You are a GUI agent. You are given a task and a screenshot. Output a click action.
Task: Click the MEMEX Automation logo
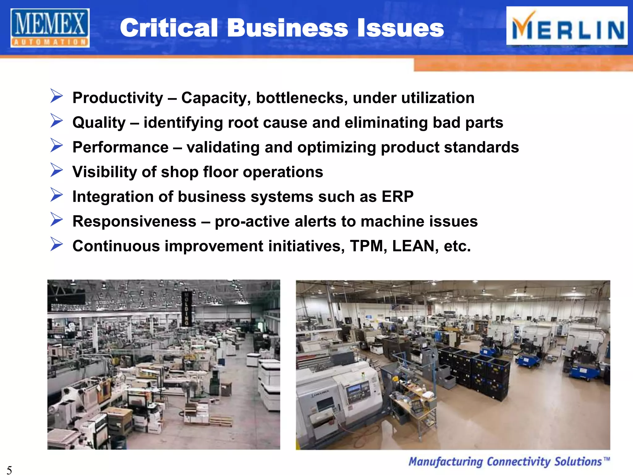[x=50, y=28]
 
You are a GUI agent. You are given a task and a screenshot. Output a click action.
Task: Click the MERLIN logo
[x=567, y=26]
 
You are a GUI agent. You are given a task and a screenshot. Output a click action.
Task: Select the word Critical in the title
[x=169, y=28]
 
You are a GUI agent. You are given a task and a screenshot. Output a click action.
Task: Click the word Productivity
[x=118, y=98]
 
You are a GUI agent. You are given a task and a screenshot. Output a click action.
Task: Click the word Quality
[x=99, y=123]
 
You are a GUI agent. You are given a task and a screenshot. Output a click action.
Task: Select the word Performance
[x=121, y=147]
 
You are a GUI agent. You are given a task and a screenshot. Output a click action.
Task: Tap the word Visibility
[x=104, y=172]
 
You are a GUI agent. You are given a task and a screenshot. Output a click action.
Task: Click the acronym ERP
[x=397, y=197]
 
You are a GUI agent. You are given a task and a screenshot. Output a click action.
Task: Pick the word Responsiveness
[x=134, y=221]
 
